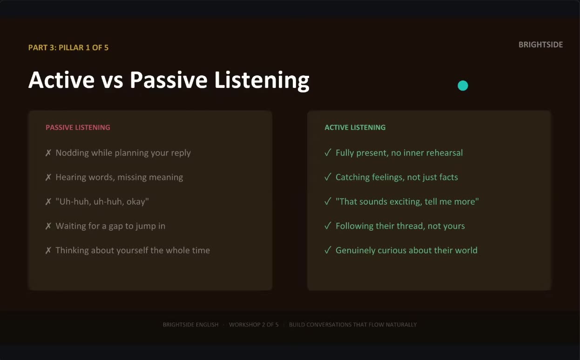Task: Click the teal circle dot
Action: click(463, 86)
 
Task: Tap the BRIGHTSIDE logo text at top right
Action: click(540, 45)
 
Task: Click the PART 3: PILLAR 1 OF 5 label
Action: click(68, 47)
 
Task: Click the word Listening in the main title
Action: click(262, 81)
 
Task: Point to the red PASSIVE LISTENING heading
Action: click(78, 127)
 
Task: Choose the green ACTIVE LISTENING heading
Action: click(355, 127)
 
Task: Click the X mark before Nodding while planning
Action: click(48, 153)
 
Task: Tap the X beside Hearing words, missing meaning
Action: click(48, 177)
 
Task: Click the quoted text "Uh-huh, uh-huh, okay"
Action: click(102, 201)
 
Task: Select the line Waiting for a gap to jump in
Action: click(111, 226)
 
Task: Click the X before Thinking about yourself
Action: click(48, 250)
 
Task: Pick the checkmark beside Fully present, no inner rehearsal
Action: click(328, 153)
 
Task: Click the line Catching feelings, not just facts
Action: click(397, 177)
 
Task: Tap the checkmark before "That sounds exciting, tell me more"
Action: click(328, 201)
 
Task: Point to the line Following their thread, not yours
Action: click(400, 226)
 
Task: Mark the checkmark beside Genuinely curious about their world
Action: click(328, 250)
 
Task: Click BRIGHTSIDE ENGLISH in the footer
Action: click(190, 325)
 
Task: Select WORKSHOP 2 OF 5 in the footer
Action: click(254, 325)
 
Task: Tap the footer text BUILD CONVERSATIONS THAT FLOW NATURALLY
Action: click(353, 325)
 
